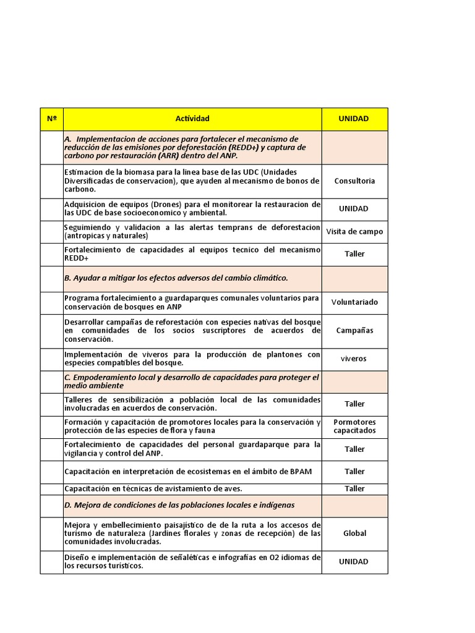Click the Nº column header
(51, 119)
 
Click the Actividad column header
(192, 119)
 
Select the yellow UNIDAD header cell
(354, 119)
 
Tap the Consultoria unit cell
(354, 181)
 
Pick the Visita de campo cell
(354, 232)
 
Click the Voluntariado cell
(354, 302)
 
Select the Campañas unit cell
(354, 330)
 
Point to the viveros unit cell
(354, 359)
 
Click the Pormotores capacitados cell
(354, 427)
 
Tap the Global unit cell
(354, 533)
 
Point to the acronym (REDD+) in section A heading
(245, 148)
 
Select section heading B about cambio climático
(176, 278)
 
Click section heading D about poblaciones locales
(179, 505)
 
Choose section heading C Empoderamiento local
(192, 381)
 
